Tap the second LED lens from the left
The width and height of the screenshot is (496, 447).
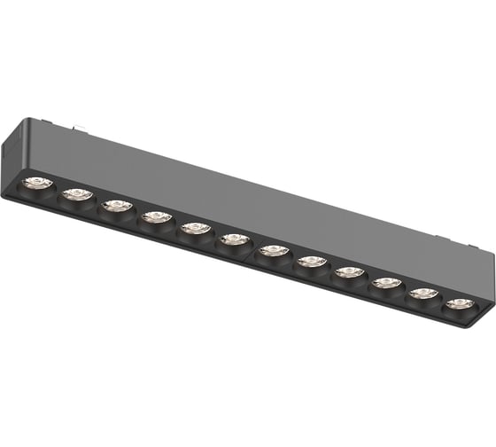pos(77,195)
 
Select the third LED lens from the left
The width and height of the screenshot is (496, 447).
pos(116,206)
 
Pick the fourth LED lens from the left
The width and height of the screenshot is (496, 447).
pos(156,216)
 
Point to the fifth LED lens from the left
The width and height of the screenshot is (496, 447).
pos(195,228)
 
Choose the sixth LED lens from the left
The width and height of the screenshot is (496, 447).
pos(234,239)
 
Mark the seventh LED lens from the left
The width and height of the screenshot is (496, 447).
pos(273,251)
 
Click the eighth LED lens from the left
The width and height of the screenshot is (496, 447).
pos(311,261)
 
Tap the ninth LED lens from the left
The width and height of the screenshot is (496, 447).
pos(349,271)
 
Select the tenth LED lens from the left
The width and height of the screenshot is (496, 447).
pos(386,283)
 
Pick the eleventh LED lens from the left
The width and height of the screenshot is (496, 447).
pos(423,293)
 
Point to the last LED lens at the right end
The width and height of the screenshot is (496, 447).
pos(459,303)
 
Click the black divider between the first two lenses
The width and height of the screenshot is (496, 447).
pos(57,191)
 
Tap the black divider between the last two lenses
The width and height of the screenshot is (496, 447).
pos(441,299)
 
